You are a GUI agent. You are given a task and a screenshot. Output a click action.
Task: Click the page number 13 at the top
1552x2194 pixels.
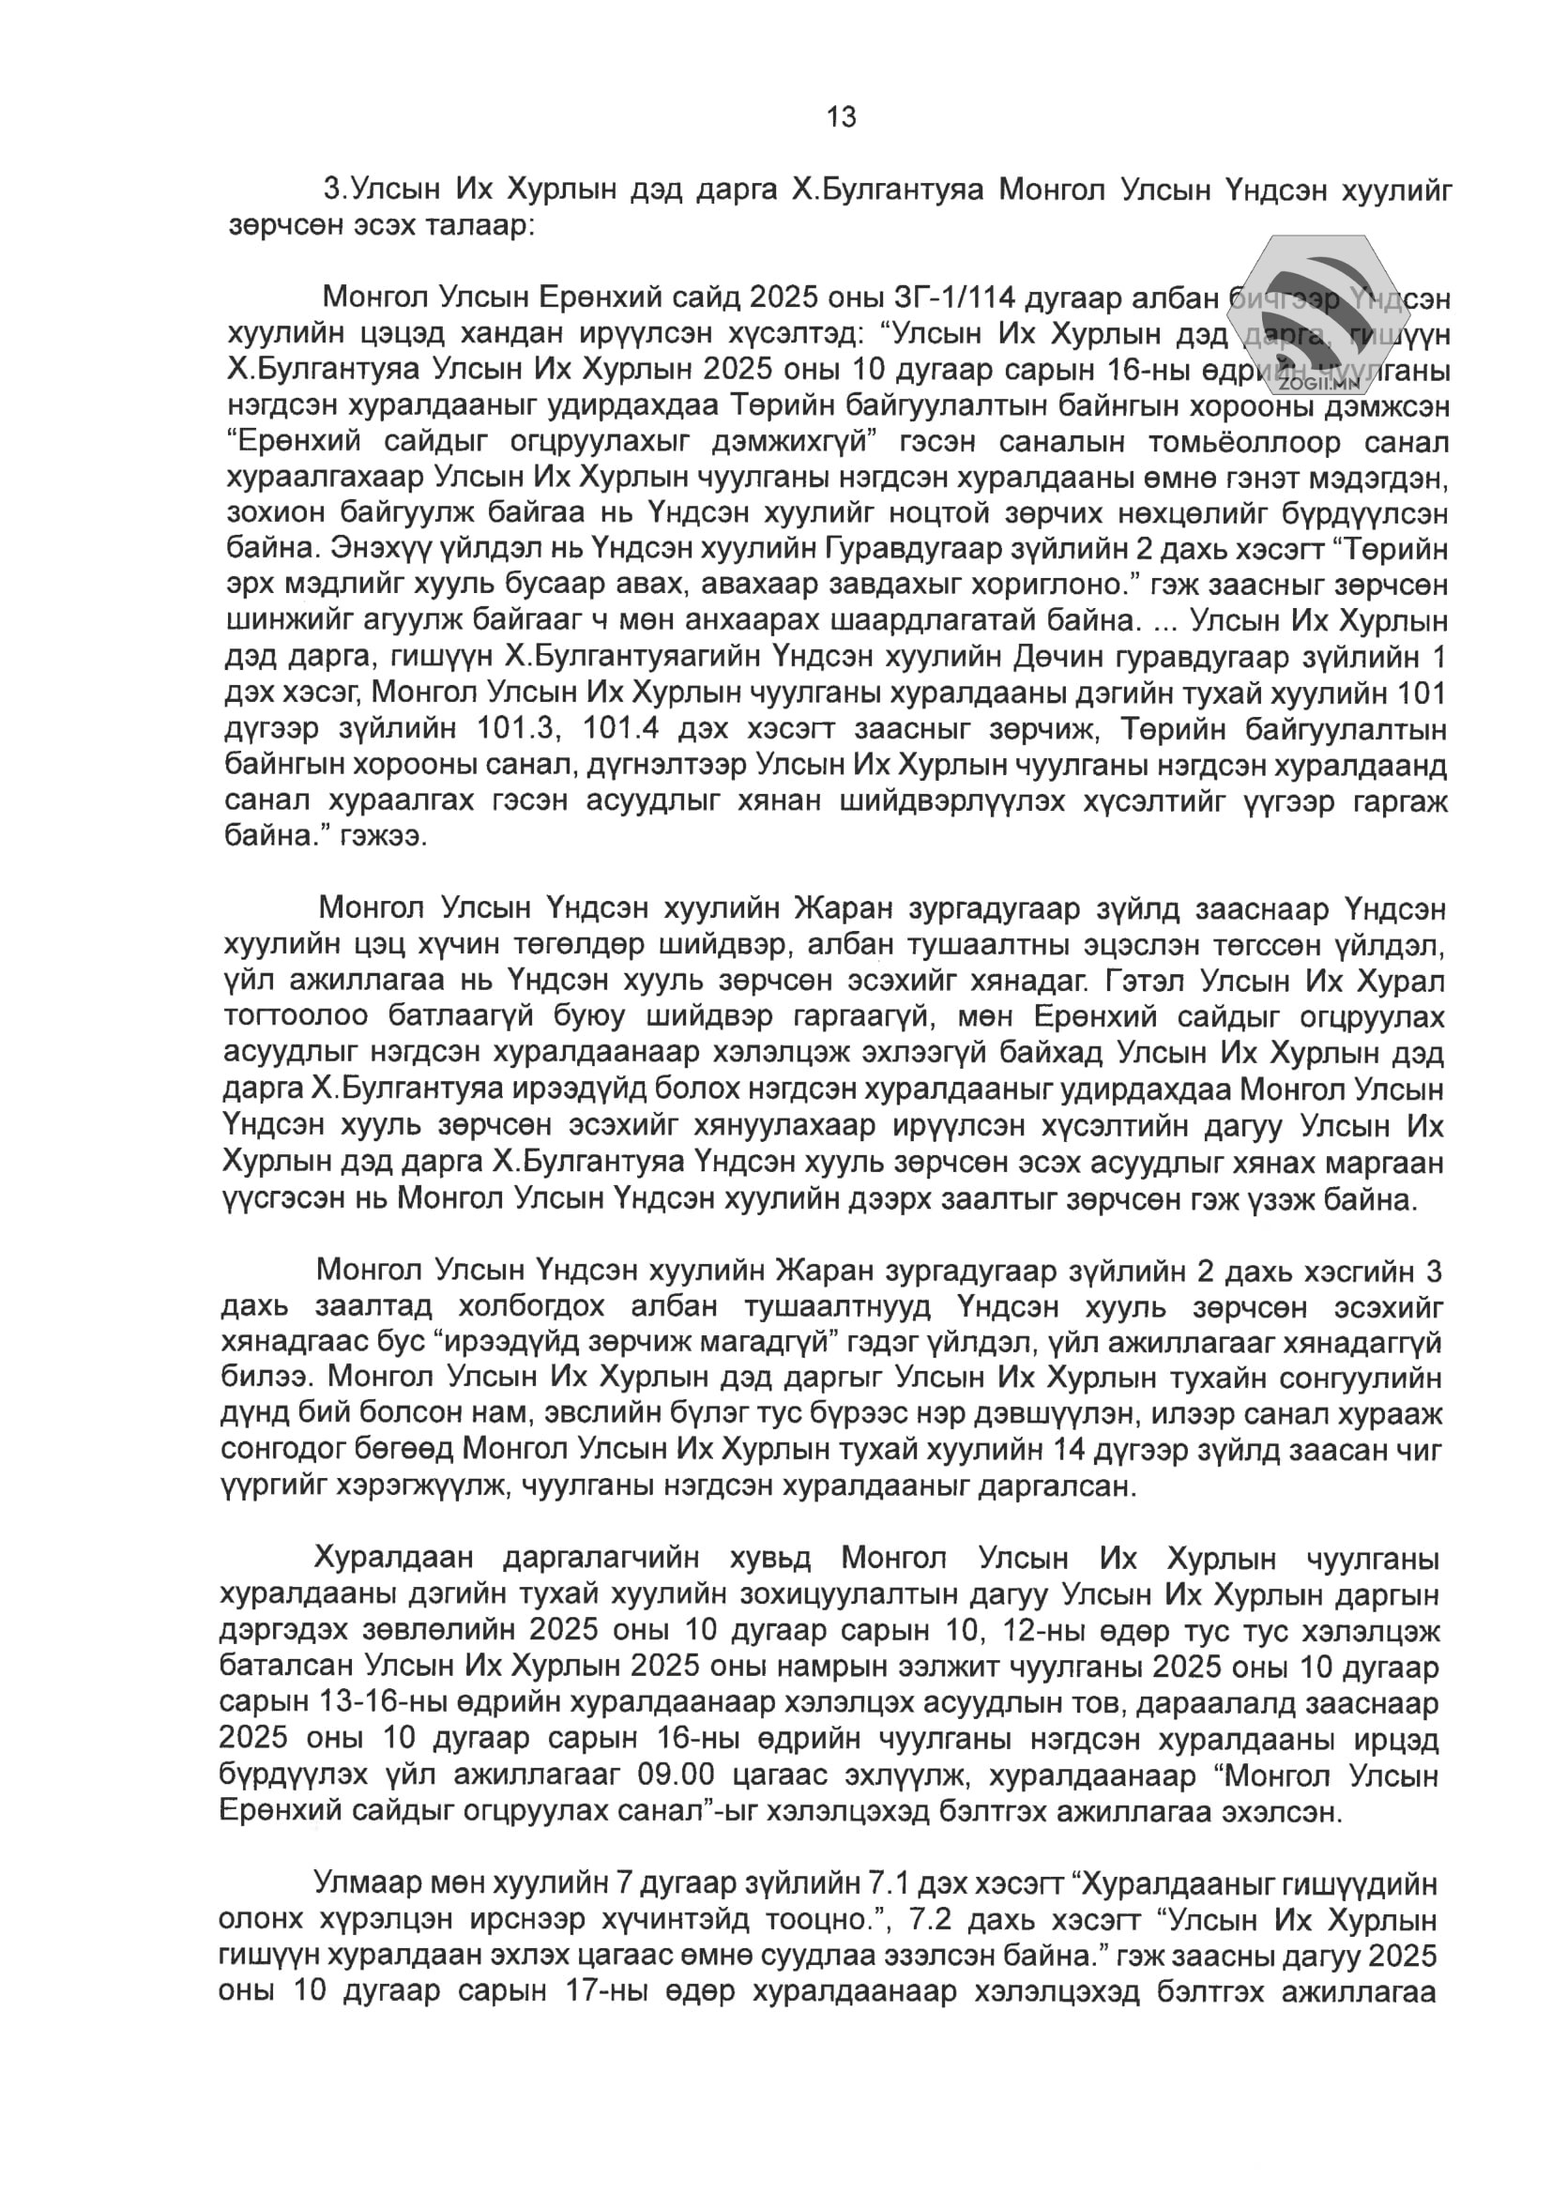841,117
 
